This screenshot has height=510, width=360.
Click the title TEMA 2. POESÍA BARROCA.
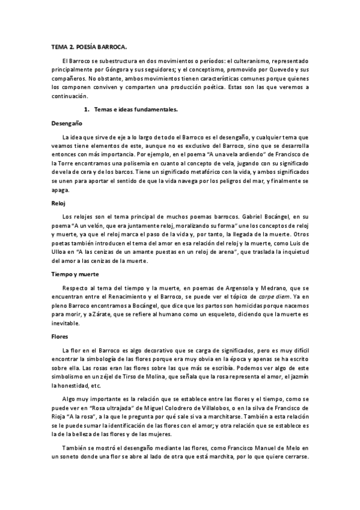pyautogui.click(x=89, y=46)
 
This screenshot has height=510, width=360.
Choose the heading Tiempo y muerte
pyautogui.click(x=74, y=274)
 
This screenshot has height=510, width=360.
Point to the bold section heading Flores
pyautogui.click(x=58, y=336)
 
